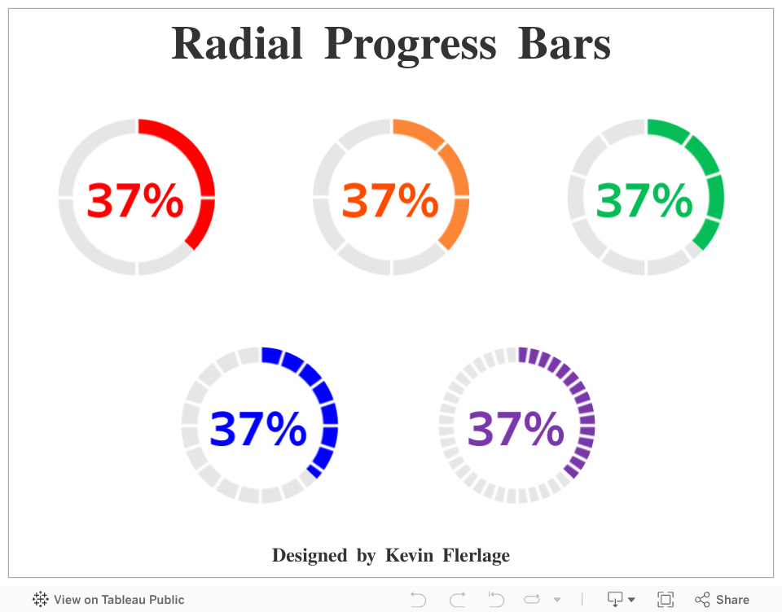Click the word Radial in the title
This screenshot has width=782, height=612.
(237, 44)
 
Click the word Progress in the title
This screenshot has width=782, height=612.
(410, 46)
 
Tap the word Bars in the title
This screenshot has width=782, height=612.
(564, 44)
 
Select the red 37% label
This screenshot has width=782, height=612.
(135, 200)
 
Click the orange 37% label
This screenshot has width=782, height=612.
(390, 200)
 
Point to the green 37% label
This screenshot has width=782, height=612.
(644, 200)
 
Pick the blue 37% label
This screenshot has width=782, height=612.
(258, 429)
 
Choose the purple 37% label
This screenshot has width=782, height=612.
(516, 429)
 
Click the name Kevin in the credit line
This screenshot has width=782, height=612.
(409, 555)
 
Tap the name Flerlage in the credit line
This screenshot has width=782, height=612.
(477, 556)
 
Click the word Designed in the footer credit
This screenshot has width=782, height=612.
(310, 556)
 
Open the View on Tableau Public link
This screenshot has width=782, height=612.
(108, 600)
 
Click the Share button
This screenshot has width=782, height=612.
(723, 600)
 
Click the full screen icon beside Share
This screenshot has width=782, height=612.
(666, 600)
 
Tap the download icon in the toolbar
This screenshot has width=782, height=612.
(620, 600)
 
